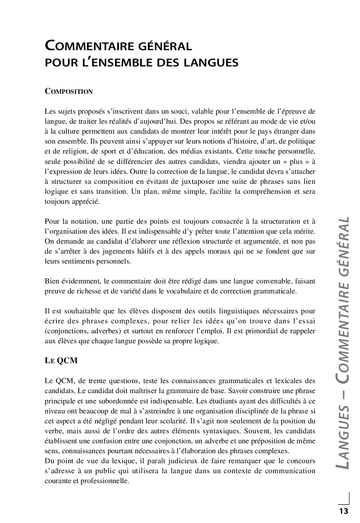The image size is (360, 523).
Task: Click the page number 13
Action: pos(343,511)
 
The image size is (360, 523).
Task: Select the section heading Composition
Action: pos(69,92)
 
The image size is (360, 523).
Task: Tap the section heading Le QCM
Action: pos(61,361)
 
